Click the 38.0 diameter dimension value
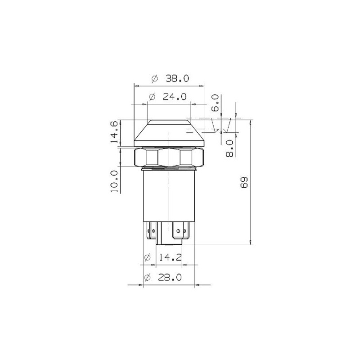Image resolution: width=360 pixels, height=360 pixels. (176, 79)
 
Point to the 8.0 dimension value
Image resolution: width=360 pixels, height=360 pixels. (229, 148)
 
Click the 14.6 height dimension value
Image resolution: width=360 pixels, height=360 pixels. (114, 131)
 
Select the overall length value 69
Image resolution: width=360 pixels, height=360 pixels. (244, 182)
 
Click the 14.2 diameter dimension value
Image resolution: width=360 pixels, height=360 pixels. (171, 258)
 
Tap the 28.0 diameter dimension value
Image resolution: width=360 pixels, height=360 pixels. (170, 278)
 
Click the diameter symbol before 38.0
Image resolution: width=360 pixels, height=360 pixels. (154, 79)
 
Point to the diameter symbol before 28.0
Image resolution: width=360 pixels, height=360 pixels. (147, 278)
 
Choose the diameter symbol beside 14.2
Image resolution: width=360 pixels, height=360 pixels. (147, 258)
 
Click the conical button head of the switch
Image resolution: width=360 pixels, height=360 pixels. (169, 133)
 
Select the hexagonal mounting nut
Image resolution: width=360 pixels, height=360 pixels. (169, 157)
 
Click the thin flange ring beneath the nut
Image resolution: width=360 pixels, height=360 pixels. (169, 169)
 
